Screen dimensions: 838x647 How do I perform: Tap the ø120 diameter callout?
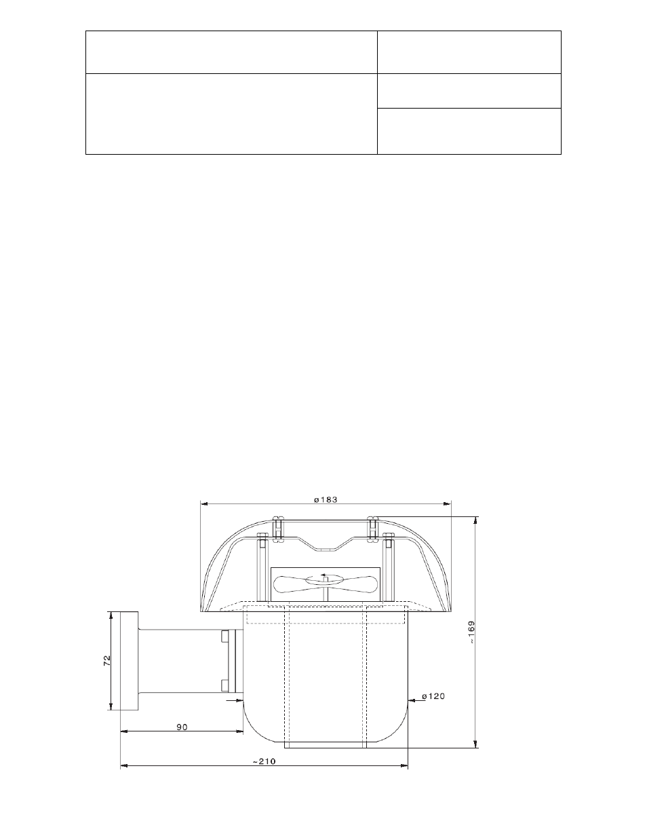point(433,696)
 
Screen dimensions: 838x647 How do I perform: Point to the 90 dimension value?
point(182,726)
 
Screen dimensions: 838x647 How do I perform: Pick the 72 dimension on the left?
point(106,661)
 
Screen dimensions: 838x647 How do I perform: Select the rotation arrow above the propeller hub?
point(324,575)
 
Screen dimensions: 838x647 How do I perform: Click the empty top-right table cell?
point(469,52)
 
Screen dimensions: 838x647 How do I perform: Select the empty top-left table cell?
point(231,52)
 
